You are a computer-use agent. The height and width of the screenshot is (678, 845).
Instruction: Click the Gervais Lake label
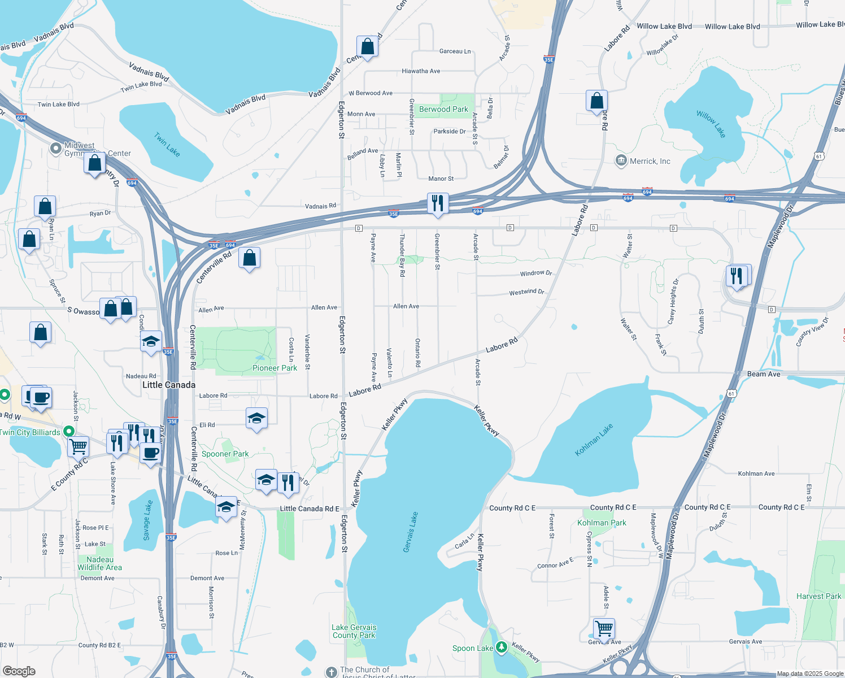pos(411,532)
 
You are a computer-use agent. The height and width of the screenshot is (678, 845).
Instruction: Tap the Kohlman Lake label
pos(594,440)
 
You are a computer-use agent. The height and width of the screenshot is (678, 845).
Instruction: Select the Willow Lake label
pos(711,124)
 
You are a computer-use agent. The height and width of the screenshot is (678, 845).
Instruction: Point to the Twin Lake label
pos(167,145)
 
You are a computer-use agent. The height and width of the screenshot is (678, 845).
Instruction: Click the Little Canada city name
pos(169,385)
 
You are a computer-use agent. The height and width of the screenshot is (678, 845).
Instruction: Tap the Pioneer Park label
pos(275,368)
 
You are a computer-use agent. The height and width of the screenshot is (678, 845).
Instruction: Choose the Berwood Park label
pos(443,109)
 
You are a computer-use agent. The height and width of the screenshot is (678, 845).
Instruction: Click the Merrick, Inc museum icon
pos(621,161)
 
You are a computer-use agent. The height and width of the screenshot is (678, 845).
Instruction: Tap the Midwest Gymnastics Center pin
pos(56,149)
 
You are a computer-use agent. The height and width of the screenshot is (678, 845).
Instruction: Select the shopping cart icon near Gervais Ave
pos(604,628)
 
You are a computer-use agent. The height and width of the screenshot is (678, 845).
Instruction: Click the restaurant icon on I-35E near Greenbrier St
pos(438,203)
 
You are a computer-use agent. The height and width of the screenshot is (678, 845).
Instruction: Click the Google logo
pos(19,671)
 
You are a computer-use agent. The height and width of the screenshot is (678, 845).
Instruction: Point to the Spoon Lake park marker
pos(501,647)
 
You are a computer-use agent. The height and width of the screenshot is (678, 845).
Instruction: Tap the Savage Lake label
pos(147,520)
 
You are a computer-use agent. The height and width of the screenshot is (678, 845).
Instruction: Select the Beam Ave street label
pos(763,374)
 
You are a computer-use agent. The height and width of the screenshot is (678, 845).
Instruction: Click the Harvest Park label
pos(818,596)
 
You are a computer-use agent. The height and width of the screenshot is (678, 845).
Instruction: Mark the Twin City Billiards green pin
pos(69,432)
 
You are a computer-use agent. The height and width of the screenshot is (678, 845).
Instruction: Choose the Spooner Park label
pos(225,454)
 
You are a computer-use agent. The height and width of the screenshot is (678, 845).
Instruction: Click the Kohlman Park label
pos(602,523)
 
